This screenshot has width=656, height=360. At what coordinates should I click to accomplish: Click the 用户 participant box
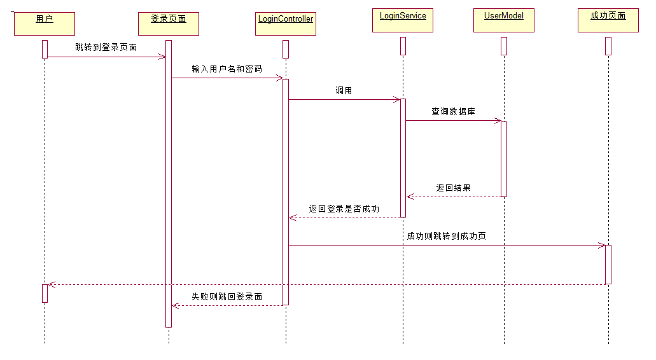coord(45,24)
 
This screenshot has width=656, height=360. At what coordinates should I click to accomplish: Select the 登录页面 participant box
coord(169,24)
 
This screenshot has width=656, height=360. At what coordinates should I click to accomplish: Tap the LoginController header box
coord(286,24)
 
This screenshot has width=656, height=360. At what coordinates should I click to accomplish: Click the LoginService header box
coord(403,20)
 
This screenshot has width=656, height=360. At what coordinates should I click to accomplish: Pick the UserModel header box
coord(504,20)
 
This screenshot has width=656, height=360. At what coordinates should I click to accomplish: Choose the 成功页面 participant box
coord(608,20)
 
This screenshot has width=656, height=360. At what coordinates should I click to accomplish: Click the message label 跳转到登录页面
coord(106,47)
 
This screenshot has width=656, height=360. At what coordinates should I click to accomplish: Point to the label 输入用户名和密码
coord(227,69)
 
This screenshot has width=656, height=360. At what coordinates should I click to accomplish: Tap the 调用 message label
coord(344,90)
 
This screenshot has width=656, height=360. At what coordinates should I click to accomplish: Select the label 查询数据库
coord(453,111)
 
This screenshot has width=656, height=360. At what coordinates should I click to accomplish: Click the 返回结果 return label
coord(453,188)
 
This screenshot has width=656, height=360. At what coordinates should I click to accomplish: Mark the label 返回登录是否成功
coord(344,209)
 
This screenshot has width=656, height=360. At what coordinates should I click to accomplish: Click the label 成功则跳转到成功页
coord(447,236)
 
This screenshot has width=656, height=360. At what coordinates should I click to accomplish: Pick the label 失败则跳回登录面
coord(227,296)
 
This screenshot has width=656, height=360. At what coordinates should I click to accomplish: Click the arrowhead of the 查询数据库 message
coord(498,121)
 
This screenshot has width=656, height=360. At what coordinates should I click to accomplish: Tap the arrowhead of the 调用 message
coord(397,99)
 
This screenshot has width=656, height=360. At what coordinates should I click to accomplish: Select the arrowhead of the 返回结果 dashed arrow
coord(410,197)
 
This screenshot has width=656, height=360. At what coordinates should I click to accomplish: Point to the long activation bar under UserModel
coord(504,159)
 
